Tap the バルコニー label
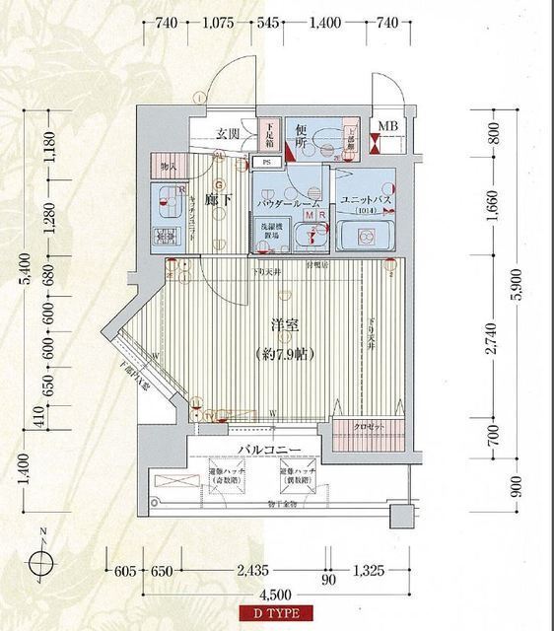275,452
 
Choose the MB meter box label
389,126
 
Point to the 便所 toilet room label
304,139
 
